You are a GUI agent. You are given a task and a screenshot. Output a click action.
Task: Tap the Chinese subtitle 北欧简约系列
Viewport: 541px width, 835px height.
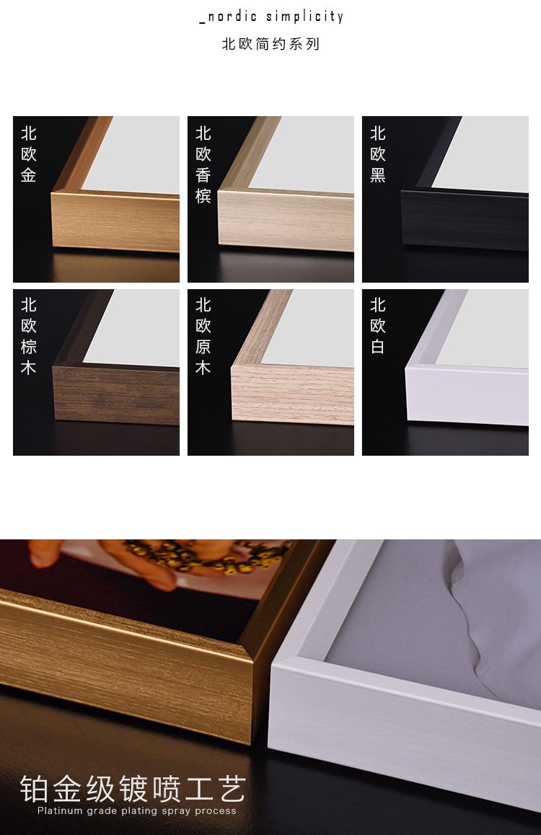[x=270, y=44]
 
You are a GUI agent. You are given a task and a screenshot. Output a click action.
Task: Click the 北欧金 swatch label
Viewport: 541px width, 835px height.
[x=29, y=154]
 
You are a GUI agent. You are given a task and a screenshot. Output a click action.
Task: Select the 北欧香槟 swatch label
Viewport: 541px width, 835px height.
[x=203, y=164]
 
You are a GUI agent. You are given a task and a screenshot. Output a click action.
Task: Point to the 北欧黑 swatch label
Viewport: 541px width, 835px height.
[x=378, y=154]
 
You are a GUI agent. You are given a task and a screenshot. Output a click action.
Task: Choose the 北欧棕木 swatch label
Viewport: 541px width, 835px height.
[x=29, y=337]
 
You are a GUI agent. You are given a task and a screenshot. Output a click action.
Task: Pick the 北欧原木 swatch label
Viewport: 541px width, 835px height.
[x=203, y=337]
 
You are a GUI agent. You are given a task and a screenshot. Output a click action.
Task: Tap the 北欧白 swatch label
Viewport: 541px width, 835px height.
[x=378, y=326]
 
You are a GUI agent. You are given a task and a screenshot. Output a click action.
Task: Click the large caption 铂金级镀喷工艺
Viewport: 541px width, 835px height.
[x=133, y=789]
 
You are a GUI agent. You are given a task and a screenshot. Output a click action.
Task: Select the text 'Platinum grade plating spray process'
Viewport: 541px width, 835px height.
[x=137, y=811]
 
